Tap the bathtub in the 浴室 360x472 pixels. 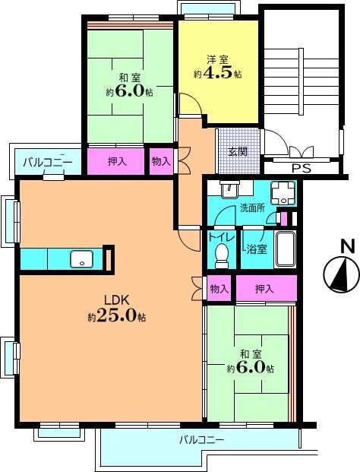tap(285, 249)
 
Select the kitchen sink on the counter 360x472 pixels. tap(82, 258)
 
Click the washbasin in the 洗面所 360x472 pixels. tap(230, 189)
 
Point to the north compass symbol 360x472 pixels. tap(341, 274)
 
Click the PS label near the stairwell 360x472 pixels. tap(302, 168)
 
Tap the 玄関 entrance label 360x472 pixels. tap(238, 152)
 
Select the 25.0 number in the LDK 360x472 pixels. tap(116, 315)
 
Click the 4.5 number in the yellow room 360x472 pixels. tap(218, 72)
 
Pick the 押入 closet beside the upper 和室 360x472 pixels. tap(116, 162)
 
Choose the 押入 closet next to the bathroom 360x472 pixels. tap(267, 288)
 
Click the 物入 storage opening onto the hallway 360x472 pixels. tap(162, 162)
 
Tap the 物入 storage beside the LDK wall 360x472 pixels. tap(219, 288)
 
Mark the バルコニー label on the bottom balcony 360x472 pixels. tap(202, 440)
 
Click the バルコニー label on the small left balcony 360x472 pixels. tap(48, 162)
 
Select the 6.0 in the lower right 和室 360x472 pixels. tap(250, 366)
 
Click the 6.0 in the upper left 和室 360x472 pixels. tap(129, 91)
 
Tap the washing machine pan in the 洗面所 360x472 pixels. tap(283, 192)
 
